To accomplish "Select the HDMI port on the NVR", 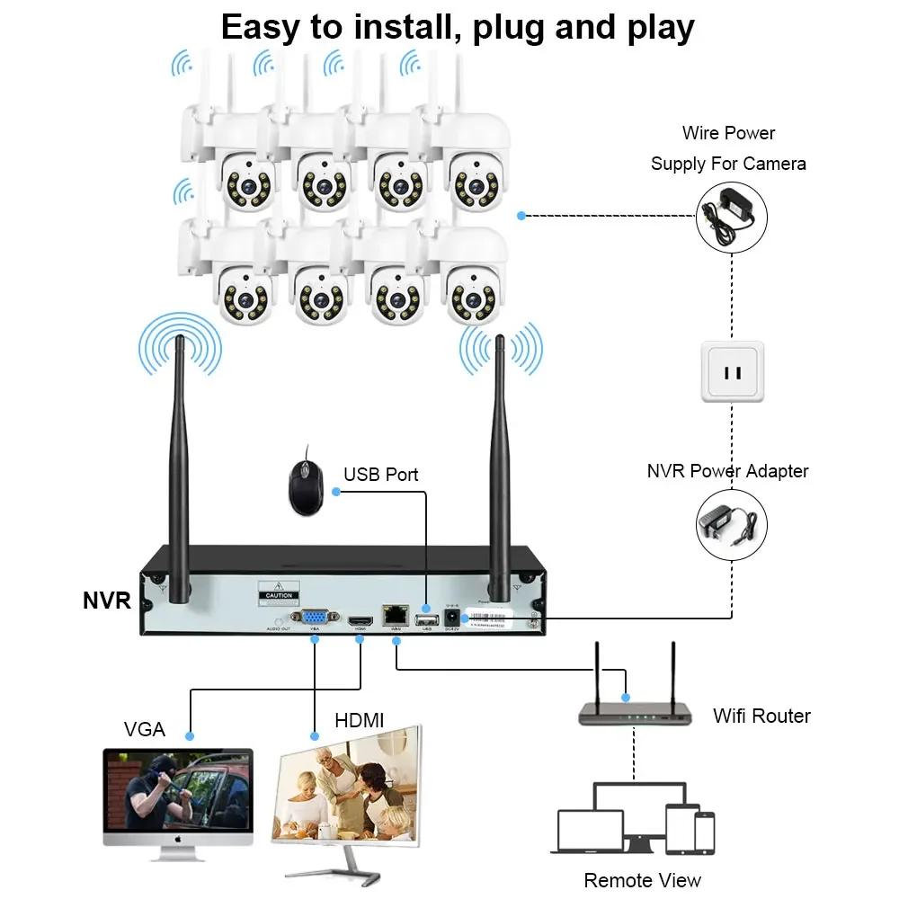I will click(360, 619).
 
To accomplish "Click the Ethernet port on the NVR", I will click(395, 618).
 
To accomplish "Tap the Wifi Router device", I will click(635, 710).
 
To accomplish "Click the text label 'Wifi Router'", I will click(761, 717).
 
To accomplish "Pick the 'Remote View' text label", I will click(642, 880).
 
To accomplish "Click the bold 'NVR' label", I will click(107, 601).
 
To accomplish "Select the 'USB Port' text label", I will click(381, 474).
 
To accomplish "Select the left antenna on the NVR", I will click(179, 467).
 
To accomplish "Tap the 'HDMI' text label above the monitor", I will click(359, 720).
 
